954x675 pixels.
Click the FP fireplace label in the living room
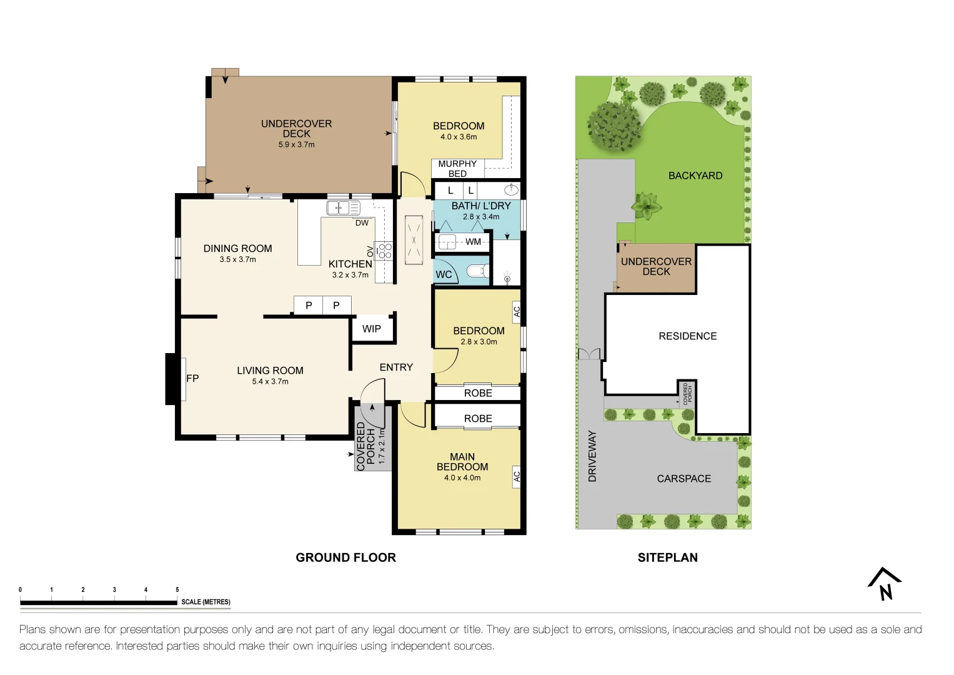coord(192,378)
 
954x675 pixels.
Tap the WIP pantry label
coord(371,329)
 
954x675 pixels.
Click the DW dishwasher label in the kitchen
coord(362,223)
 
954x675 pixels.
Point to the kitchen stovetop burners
coord(384,251)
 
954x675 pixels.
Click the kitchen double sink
coord(343,208)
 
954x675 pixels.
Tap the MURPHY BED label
coord(457,169)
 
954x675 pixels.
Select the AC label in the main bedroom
coord(517,476)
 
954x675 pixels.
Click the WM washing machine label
coord(474,242)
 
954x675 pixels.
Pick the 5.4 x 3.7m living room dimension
coord(270,381)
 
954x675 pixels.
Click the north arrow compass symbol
coord(884,584)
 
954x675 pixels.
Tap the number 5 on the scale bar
coord(177,589)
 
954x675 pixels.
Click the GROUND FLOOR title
coord(345,557)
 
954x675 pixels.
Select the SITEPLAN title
coord(667,557)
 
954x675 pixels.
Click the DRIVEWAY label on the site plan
coord(592,456)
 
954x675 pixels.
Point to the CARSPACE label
coord(683,479)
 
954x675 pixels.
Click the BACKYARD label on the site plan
coord(695,176)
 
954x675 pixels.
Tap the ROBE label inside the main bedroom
coord(478,419)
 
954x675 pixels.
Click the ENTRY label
coord(396,367)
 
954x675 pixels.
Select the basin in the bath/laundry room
coord(510,189)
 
